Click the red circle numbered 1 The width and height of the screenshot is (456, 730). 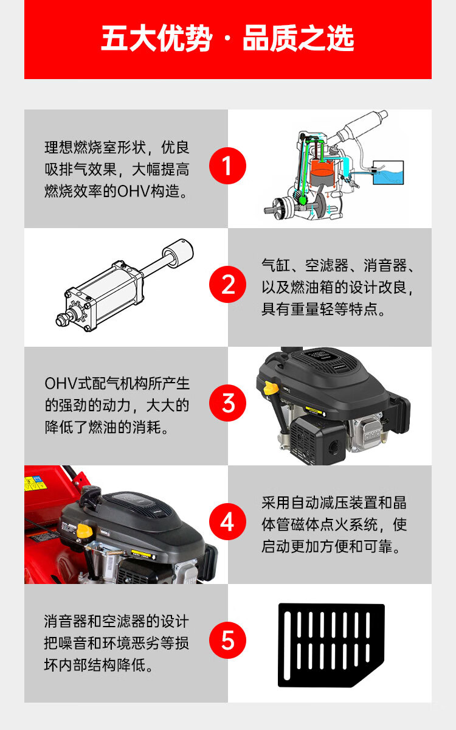pyautogui.click(x=227, y=165)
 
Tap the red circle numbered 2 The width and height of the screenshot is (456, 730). pyautogui.click(x=227, y=284)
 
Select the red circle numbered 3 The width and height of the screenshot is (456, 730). pyautogui.click(x=227, y=403)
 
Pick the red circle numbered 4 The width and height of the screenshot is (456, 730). pyautogui.click(x=227, y=521)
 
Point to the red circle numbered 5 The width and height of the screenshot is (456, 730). pyautogui.click(x=227, y=640)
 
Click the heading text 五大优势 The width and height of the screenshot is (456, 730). pyautogui.click(x=157, y=38)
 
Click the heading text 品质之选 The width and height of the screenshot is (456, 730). pyautogui.click(x=298, y=38)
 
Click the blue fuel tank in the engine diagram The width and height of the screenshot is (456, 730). pyautogui.click(x=388, y=173)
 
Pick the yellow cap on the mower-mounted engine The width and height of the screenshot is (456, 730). pyautogui.click(x=83, y=531)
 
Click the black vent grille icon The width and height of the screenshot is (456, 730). pyautogui.click(x=331, y=645)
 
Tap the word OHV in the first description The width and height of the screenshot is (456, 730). pyautogui.click(x=134, y=191)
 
